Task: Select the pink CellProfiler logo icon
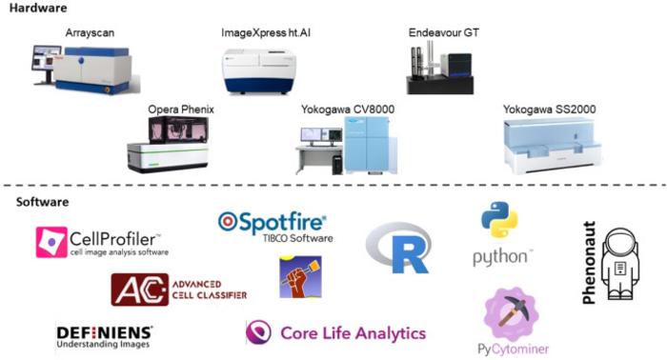pos(51,242)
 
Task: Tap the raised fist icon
pos(299,277)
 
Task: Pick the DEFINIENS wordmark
pos(104,331)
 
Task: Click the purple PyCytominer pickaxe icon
pos(512,315)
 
